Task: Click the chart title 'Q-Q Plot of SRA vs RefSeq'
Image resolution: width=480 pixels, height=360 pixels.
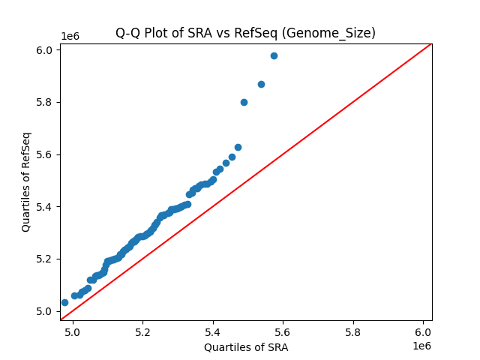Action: click(245, 33)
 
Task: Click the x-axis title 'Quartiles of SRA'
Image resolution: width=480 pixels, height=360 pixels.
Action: click(245, 347)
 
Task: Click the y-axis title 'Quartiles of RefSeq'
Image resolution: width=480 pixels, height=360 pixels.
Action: click(26, 181)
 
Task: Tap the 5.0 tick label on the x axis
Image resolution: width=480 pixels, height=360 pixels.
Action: click(72, 331)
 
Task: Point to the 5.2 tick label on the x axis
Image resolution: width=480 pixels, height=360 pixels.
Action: click(142, 331)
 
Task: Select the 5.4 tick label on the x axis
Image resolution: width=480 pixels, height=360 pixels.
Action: click(213, 331)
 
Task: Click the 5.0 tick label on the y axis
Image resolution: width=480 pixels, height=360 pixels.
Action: click(46, 311)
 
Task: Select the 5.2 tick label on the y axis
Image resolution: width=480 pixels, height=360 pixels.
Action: click(46, 259)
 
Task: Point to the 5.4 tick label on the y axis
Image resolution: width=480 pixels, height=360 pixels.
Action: click(46, 206)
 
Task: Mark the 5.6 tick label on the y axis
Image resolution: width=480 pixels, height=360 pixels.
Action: click(46, 154)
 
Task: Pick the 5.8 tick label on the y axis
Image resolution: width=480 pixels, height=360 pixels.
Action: click(46, 102)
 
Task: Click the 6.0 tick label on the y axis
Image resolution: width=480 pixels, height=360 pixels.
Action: click(46, 50)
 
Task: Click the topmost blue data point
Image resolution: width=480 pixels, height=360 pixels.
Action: click(274, 55)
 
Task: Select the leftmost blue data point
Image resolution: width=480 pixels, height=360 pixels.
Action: click(64, 302)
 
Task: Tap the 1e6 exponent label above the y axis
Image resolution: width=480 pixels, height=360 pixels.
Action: click(70, 36)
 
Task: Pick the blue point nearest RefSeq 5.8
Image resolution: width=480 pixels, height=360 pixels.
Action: click(244, 102)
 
